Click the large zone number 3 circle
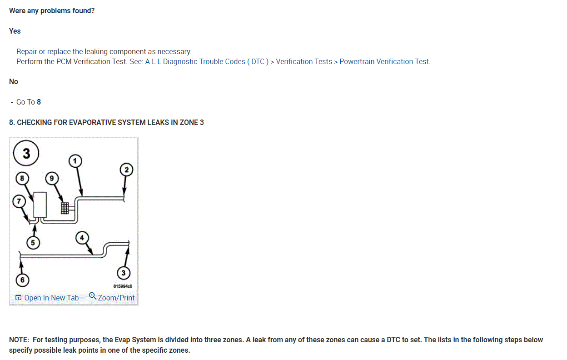(26, 154)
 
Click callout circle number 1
(75, 160)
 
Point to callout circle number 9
(52, 179)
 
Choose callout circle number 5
(33, 243)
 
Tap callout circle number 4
(82, 237)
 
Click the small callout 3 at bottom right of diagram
(123, 273)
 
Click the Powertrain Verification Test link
(384, 61)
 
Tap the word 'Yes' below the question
(15, 31)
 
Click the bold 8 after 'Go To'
(39, 102)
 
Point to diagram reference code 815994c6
(123, 286)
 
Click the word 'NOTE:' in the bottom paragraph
(20, 340)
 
